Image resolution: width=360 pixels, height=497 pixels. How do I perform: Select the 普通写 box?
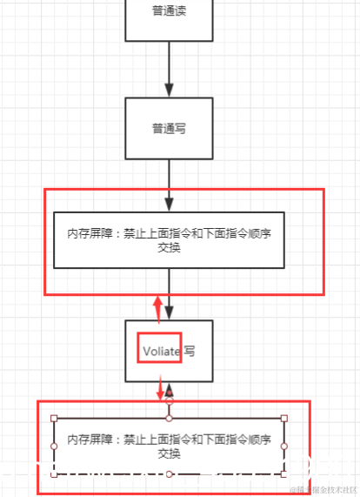point(169,128)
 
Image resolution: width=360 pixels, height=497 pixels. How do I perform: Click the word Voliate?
point(162,351)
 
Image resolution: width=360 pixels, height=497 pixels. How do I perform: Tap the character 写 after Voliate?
point(189,351)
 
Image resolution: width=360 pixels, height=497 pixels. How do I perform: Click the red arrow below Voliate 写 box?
point(161,389)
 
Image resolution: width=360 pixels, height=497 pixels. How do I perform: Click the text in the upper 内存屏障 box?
point(169,240)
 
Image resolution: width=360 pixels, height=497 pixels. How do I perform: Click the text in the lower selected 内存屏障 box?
point(169,447)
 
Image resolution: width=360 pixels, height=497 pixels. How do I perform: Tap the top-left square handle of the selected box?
point(54,419)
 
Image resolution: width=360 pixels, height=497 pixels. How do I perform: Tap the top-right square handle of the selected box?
point(284,419)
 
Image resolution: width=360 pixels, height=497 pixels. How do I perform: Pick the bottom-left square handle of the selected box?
point(54,475)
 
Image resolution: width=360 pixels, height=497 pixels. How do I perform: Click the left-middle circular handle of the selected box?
point(54,447)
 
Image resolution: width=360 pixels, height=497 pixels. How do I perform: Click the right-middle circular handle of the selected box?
point(284,447)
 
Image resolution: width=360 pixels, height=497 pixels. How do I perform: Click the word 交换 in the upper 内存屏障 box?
point(169,248)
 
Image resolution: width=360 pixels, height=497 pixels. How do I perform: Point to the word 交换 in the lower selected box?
point(169,454)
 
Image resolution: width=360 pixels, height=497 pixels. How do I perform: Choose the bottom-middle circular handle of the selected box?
point(170,475)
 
